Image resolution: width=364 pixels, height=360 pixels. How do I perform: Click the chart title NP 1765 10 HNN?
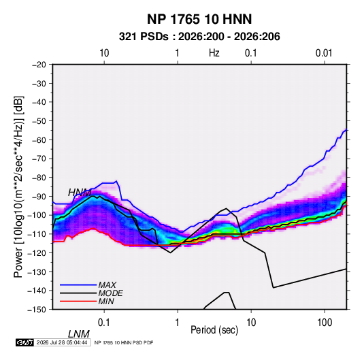tap(199, 19)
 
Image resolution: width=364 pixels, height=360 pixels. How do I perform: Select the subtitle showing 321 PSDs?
tap(199, 37)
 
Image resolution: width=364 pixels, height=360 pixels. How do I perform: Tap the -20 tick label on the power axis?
tap(39, 65)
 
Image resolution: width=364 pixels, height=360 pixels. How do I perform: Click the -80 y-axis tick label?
tap(39, 178)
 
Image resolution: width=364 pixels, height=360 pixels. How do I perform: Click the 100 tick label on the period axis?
tap(325, 323)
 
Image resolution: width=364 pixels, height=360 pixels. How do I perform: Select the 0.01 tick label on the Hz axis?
tap(324, 53)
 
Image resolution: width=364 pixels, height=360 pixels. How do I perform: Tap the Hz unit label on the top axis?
tap(214, 53)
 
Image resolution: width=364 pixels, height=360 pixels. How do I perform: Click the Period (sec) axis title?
tap(214, 330)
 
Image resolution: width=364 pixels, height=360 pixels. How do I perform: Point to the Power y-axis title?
tap(18, 187)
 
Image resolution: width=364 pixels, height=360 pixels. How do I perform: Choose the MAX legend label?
tap(107, 285)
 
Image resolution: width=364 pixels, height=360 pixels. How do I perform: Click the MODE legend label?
tap(110, 293)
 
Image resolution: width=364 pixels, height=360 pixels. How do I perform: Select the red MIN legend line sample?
tap(78, 301)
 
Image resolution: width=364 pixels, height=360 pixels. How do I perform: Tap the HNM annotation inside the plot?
tap(80, 193)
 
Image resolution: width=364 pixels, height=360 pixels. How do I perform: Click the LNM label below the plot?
tap(78, 334)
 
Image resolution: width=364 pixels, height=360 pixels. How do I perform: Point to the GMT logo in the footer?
tap(25, 342)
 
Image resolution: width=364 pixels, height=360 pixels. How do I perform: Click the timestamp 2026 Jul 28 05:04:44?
tap(62, 342)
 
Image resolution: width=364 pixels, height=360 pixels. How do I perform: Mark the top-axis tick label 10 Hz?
tap(104, 53)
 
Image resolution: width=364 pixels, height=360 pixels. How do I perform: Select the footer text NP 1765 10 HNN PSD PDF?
tap(124, 342)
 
